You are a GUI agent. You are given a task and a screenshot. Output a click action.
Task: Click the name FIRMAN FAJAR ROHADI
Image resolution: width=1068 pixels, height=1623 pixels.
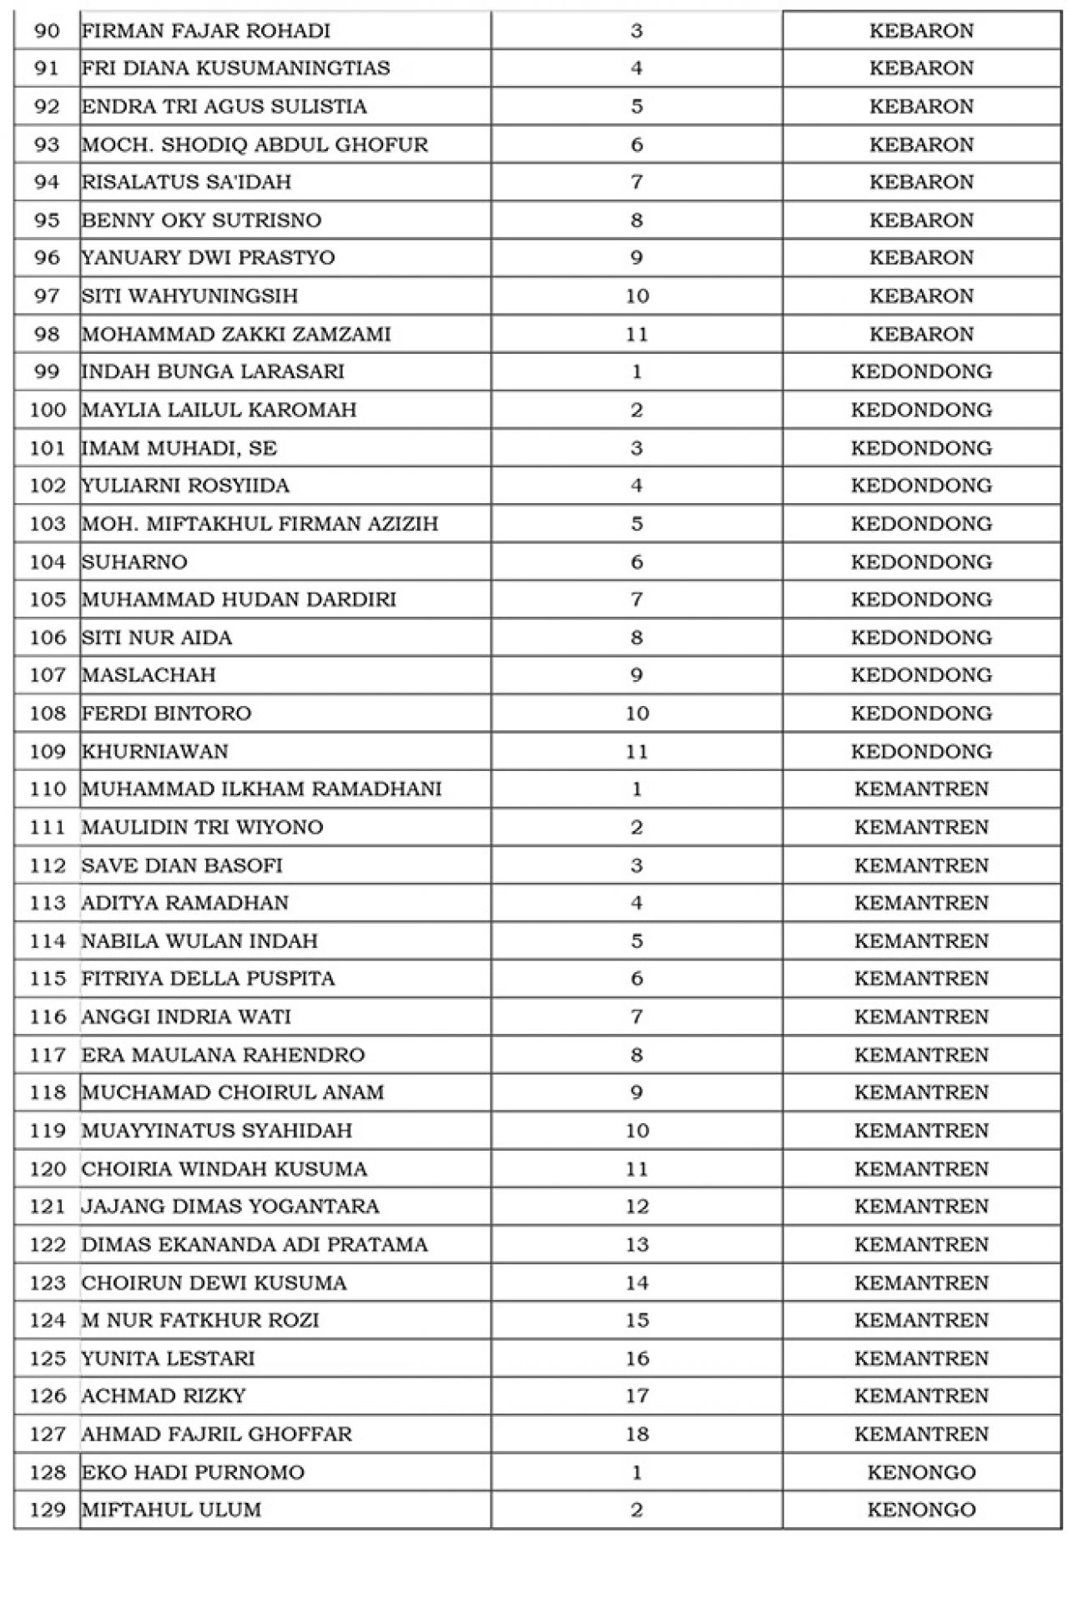coord(205,31)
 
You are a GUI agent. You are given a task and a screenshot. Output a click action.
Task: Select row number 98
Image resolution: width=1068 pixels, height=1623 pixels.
coord(47,334)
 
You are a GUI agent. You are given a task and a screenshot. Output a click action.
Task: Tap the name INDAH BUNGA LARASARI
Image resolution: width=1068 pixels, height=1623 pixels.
coord(213,371)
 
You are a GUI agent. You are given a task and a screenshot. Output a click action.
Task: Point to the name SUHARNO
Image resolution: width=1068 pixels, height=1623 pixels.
coord(134,562)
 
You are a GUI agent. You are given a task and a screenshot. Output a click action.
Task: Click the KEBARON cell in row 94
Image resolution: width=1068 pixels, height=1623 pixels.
coord(921,182)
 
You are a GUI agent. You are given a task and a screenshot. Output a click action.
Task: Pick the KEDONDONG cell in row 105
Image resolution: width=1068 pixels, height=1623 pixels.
coord(921,599)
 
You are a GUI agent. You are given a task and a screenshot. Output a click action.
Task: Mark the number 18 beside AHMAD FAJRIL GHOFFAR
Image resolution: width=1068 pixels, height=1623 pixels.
coord(637,1434)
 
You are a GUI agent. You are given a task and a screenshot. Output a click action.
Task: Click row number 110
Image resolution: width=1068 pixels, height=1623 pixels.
coord(47,789)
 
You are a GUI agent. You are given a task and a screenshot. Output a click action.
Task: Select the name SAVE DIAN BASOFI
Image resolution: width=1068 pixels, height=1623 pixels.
coord(182,865)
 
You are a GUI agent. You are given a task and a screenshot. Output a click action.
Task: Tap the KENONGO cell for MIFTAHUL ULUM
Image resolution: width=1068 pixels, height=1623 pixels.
coord(921,1510)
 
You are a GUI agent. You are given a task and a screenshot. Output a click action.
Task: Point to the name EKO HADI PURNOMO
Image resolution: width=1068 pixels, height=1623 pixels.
coord(193,1472)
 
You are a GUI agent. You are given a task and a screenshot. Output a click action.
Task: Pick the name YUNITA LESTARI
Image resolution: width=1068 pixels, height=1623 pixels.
coord(168,1358)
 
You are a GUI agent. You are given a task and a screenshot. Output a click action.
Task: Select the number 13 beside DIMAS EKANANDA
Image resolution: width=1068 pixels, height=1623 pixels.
coord(637,1244)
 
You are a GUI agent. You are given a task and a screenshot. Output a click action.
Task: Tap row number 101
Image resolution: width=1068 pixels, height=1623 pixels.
coord(47,448)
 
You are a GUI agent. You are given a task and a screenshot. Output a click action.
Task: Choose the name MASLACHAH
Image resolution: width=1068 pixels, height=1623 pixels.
coord(149,675)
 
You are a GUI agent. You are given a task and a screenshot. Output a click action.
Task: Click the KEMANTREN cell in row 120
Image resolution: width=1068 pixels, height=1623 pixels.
coord(921,1168)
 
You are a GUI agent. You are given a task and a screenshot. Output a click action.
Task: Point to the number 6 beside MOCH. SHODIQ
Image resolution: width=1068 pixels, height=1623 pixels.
coord(637,144)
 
